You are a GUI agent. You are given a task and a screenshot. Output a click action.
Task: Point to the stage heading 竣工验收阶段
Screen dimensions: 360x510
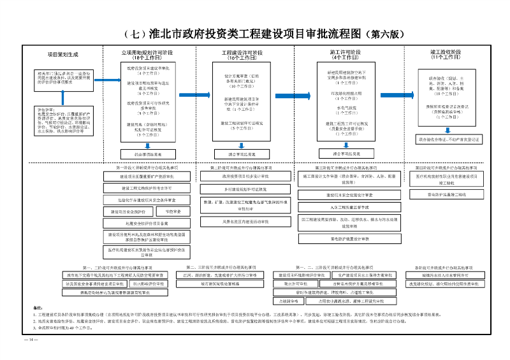[446, 53]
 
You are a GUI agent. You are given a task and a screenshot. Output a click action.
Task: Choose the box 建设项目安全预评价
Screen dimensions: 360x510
[128, 211]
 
